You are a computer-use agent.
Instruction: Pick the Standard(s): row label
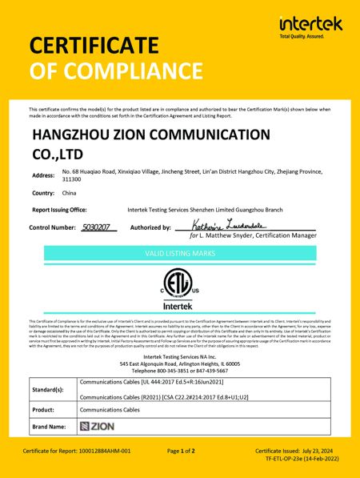click(x=48, y=389)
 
